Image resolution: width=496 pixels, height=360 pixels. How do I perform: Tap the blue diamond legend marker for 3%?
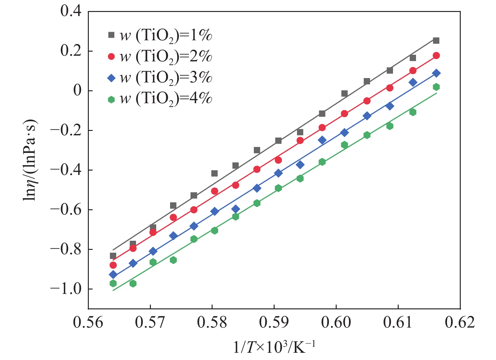click(111, 78)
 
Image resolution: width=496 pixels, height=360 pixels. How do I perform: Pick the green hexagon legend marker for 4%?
click(111, 99)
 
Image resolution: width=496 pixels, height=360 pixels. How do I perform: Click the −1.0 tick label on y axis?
click(66, 289)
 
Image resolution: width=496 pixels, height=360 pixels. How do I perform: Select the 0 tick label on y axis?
click(77, 91)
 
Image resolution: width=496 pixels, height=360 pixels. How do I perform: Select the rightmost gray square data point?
click(436, 41)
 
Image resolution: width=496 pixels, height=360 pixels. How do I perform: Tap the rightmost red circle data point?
click(436, 56)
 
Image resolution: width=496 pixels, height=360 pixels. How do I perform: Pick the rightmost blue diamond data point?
click(436, 73)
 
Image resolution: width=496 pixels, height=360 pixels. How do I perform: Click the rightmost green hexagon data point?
click(436, 87)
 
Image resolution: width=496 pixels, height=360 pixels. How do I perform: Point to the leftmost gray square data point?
click(113, 256)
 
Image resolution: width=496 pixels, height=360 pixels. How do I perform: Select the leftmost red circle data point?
click(113, 265)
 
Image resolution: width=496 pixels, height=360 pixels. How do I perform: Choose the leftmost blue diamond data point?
click(113, 275)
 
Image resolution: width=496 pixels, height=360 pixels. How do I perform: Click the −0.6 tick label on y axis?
click(66, 210)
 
